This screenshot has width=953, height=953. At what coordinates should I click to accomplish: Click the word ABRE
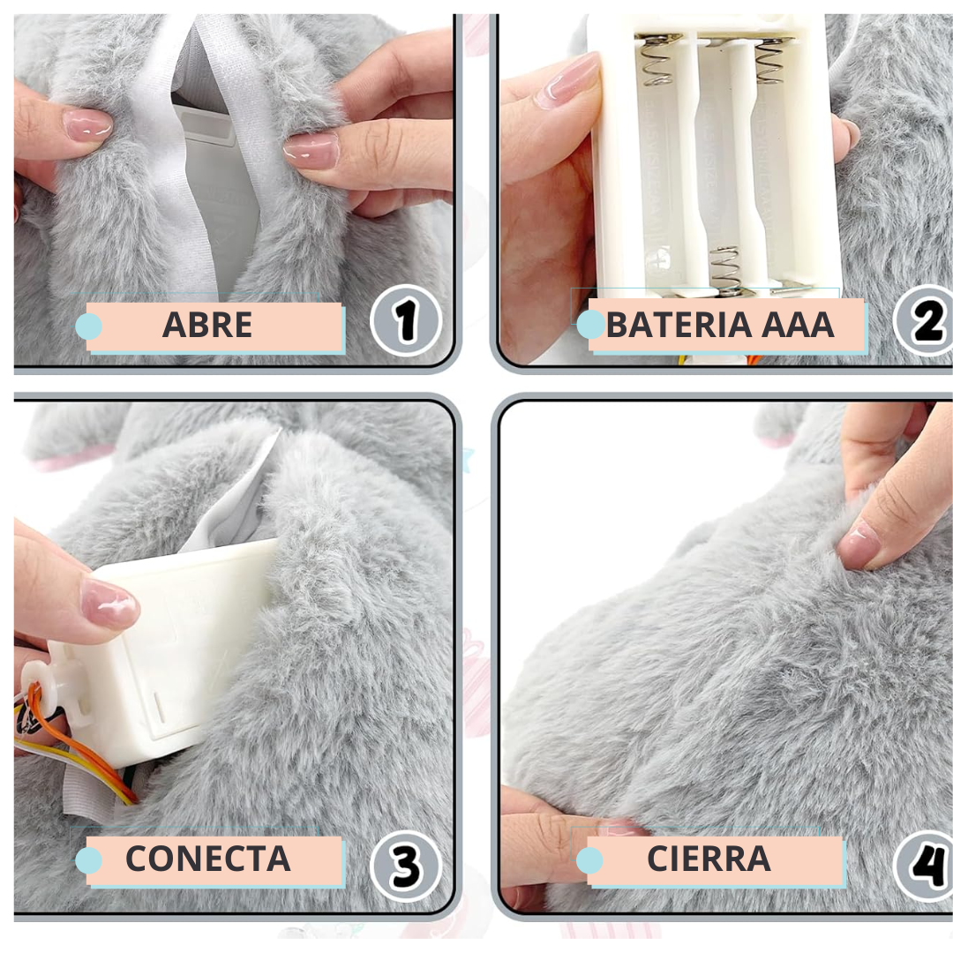(x=207, y=325)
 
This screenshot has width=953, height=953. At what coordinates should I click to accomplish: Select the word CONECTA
(x=208, y=859)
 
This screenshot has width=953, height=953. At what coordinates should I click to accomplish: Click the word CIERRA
(x=709, y=859)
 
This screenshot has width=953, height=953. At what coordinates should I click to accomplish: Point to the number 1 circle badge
(x=405, y=320)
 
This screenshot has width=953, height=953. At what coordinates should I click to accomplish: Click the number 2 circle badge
(x=925, y=320)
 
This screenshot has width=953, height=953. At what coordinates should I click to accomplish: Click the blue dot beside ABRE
(x=89, y=326)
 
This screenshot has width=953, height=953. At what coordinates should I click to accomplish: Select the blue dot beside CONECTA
(x=89, y=860)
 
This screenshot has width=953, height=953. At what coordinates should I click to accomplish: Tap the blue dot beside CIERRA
(x=589, y=860)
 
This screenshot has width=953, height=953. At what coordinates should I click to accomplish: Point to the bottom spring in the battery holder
(x=725, y=269)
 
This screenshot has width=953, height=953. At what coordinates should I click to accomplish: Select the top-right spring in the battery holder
(x=770, y=60)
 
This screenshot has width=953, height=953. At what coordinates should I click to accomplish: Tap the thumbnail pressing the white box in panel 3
(x=110, y=603)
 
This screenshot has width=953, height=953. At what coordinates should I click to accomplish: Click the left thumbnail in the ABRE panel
(x=86, y=124)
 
